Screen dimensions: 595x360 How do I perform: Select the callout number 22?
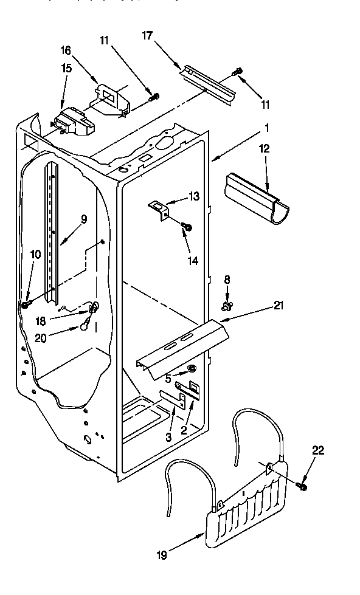click(319, 450)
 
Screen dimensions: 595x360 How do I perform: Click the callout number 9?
click(84, 219)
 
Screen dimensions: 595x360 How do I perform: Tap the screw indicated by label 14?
click(188, 227)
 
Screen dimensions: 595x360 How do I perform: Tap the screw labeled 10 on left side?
click(26, 303)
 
